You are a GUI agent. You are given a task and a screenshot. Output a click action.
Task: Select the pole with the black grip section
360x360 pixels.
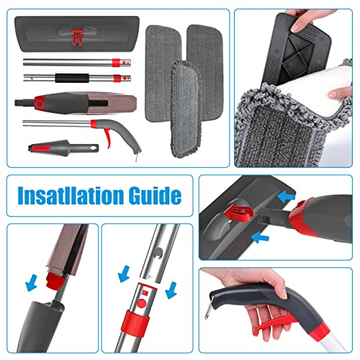(72, 76)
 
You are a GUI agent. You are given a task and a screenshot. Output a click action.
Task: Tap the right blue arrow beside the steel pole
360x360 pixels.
(170, 288)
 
